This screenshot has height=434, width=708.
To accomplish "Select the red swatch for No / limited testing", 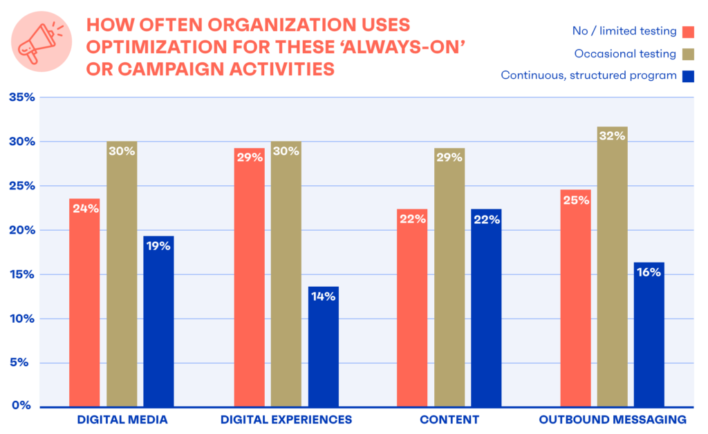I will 688,31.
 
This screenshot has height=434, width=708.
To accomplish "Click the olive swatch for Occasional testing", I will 688,53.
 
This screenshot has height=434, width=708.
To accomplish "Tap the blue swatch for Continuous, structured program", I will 688,75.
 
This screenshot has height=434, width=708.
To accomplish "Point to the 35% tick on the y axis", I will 21,97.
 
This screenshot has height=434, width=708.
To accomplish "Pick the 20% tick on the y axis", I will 21,230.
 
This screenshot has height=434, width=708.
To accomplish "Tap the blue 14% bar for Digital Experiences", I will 323,346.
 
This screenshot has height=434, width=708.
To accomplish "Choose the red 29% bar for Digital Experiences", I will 249,276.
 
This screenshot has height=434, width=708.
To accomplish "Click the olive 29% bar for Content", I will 449,276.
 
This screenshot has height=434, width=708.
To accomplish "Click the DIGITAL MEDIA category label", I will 122,419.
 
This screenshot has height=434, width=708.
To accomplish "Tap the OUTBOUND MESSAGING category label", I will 613,419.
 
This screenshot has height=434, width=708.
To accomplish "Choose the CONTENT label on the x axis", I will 449,419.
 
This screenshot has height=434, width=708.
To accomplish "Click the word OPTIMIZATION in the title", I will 149,47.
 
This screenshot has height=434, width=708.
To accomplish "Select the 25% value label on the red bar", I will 576,200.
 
